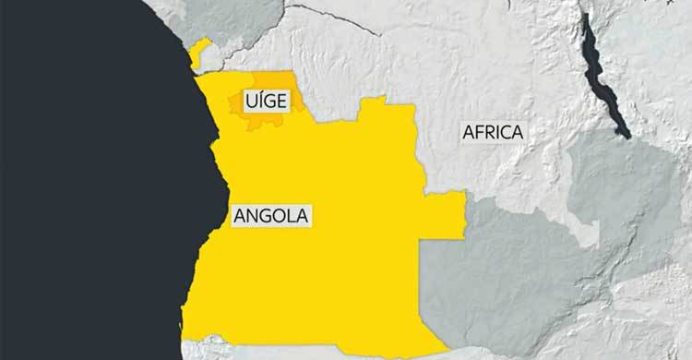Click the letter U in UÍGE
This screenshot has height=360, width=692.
pyautogui.click(x=249, y=99)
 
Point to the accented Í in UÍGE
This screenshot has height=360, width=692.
pyautogui.click(x=259, y=99)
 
